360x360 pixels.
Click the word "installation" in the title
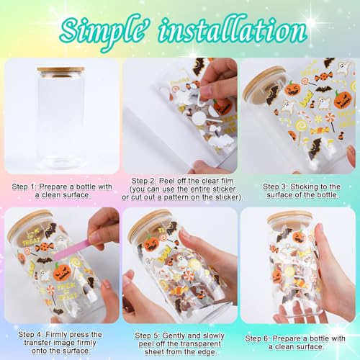tap(233, 30)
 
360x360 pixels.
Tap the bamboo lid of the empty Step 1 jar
tap(60, 70)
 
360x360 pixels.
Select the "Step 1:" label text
tap(24, 186)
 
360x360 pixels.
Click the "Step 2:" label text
tap(144, 181)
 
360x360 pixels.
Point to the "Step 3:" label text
tap(275, 186)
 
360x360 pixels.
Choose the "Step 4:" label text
tap(30, 334)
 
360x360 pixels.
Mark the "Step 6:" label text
tap(258, 338)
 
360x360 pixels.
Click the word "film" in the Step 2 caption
tap(226, 181)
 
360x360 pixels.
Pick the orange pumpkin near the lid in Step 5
tap(151, 243)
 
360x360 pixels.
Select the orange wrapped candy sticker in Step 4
tap(45, 247)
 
